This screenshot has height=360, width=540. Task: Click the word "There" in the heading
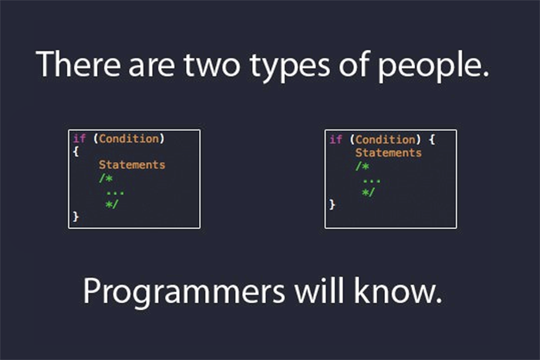(79, 64)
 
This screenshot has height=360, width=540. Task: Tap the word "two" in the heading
(211, 66)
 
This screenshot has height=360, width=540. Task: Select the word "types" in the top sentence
(289, 68)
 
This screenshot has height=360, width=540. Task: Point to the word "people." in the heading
(434, 66)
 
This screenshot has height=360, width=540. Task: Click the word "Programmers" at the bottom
(184, 292)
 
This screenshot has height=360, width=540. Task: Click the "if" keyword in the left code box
(79, 138)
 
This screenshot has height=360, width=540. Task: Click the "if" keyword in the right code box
(336, 140)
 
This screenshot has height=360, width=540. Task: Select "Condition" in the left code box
(129, 139)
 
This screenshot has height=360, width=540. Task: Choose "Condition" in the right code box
(386, 140)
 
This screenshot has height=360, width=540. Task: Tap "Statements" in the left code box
(132, 165)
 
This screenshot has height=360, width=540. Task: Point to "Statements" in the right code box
(389, 153)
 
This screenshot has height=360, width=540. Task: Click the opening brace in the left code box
(76, 151)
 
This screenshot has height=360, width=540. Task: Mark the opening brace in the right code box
(432, 140)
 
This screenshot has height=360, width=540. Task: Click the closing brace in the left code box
(76, 217)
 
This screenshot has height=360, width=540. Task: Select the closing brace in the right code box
(332, 204)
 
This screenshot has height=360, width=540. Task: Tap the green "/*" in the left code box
(106, 178)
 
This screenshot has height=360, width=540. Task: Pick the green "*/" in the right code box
(368, 192)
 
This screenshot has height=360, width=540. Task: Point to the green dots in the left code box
(115, 193)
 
